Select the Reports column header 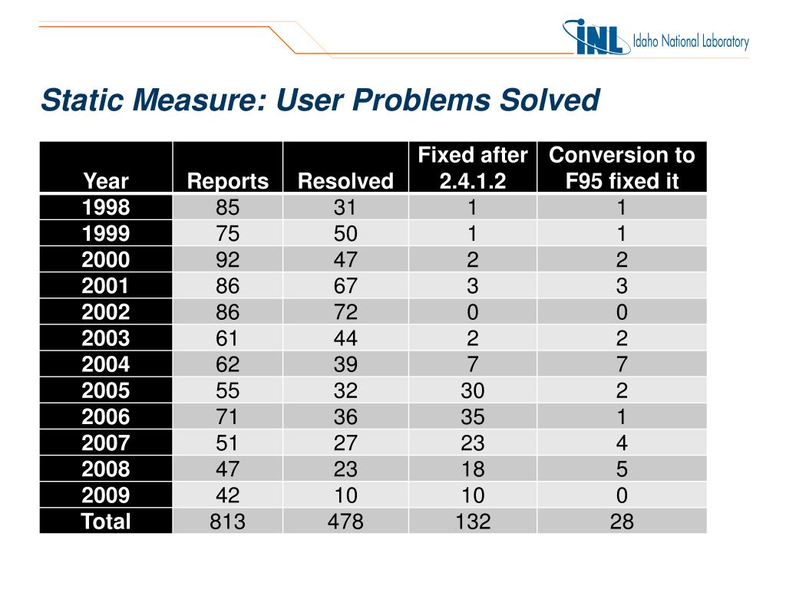228,181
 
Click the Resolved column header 345,181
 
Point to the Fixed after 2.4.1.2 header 473,168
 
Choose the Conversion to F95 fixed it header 622,168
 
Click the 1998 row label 107,207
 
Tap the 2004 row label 107,364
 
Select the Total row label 107,522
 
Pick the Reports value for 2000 228,260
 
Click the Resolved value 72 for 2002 345,312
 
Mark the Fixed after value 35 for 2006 473,417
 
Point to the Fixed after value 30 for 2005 473,391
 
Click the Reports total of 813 228,522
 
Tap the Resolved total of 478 345,522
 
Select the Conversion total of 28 622,522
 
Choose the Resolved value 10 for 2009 345,495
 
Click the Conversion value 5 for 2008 622,469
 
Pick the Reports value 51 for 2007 228,443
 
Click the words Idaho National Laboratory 690,42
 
